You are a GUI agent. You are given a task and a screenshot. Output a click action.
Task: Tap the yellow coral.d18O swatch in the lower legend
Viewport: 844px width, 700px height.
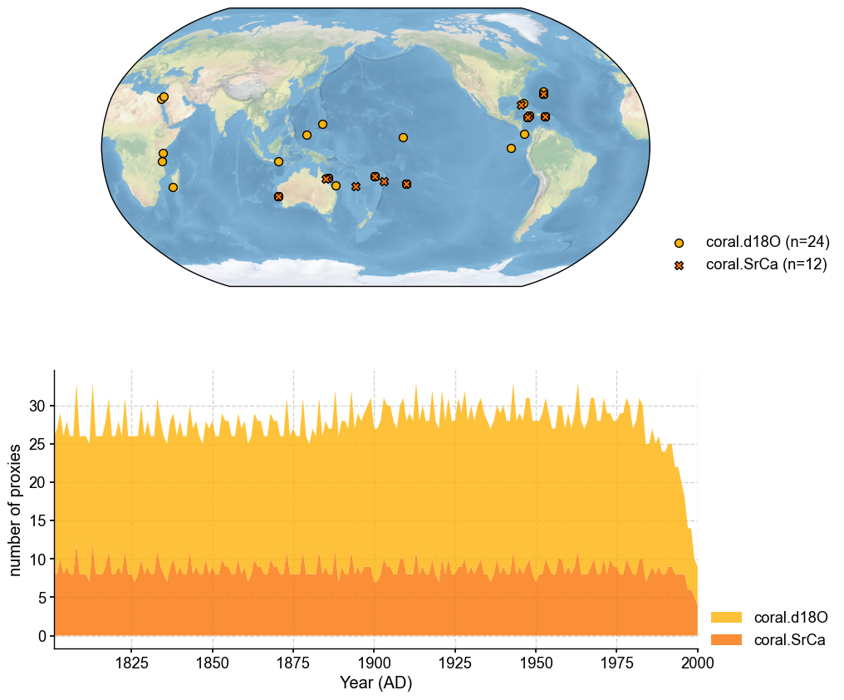[x=725, y=618]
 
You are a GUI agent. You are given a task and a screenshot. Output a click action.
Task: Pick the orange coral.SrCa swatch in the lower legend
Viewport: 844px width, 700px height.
[x=725, y=640]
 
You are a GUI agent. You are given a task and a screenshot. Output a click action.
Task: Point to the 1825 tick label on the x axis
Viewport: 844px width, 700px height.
[x=131, y=663]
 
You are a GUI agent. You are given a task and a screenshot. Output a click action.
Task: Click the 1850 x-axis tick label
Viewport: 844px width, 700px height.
[x=213, y=663]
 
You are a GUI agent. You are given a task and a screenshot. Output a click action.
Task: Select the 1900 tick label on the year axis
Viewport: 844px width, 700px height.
[x=374, y=663]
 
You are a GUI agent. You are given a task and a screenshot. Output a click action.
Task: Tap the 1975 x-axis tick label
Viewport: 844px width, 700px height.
[x=616, y=663]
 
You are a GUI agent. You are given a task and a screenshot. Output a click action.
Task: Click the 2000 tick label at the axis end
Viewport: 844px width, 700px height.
[x=697, y=663]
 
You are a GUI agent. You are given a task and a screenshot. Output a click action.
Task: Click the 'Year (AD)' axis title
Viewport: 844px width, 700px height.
[x=375, y=683]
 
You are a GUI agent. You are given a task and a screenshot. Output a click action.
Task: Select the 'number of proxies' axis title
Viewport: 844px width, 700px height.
[x=16, y=510]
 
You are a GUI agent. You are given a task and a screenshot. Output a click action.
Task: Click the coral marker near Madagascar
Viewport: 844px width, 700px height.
[x=173, y=187]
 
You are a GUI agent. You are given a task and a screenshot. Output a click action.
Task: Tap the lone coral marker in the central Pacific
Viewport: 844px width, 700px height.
[x=403, y=137]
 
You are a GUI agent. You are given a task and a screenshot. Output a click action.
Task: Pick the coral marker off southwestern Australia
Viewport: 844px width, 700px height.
[x=278, y=196]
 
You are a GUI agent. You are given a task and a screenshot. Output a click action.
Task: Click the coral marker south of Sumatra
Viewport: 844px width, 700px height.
[x=278, y=161]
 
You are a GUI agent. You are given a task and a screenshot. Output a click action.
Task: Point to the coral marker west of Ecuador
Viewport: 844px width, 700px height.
[x=511, y=148]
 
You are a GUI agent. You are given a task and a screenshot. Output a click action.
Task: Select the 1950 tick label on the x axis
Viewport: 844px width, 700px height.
[x=536, y=663]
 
